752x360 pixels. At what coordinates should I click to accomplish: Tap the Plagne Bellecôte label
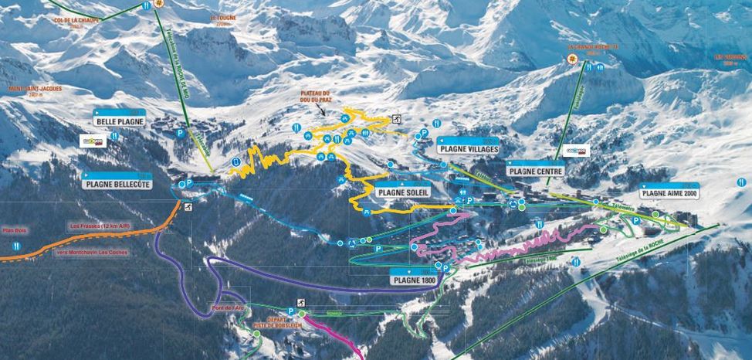tap(117, 185)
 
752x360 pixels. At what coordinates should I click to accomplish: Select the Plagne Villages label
tap(468, 149)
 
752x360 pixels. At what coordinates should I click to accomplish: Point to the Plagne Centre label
tap(535, 171)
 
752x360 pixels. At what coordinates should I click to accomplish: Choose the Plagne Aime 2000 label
tap(669, 194)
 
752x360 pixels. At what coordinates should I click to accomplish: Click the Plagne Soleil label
tap(402, 192)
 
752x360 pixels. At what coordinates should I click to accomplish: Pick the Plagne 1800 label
tap(413, 280)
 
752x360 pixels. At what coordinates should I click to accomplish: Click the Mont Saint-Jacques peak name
tap(34, 88)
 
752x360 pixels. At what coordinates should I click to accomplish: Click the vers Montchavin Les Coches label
tap(93, 252)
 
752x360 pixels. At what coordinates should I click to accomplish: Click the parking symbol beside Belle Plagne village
tap(181, 133)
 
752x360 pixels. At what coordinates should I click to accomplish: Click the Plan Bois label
tap(15, 229)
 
